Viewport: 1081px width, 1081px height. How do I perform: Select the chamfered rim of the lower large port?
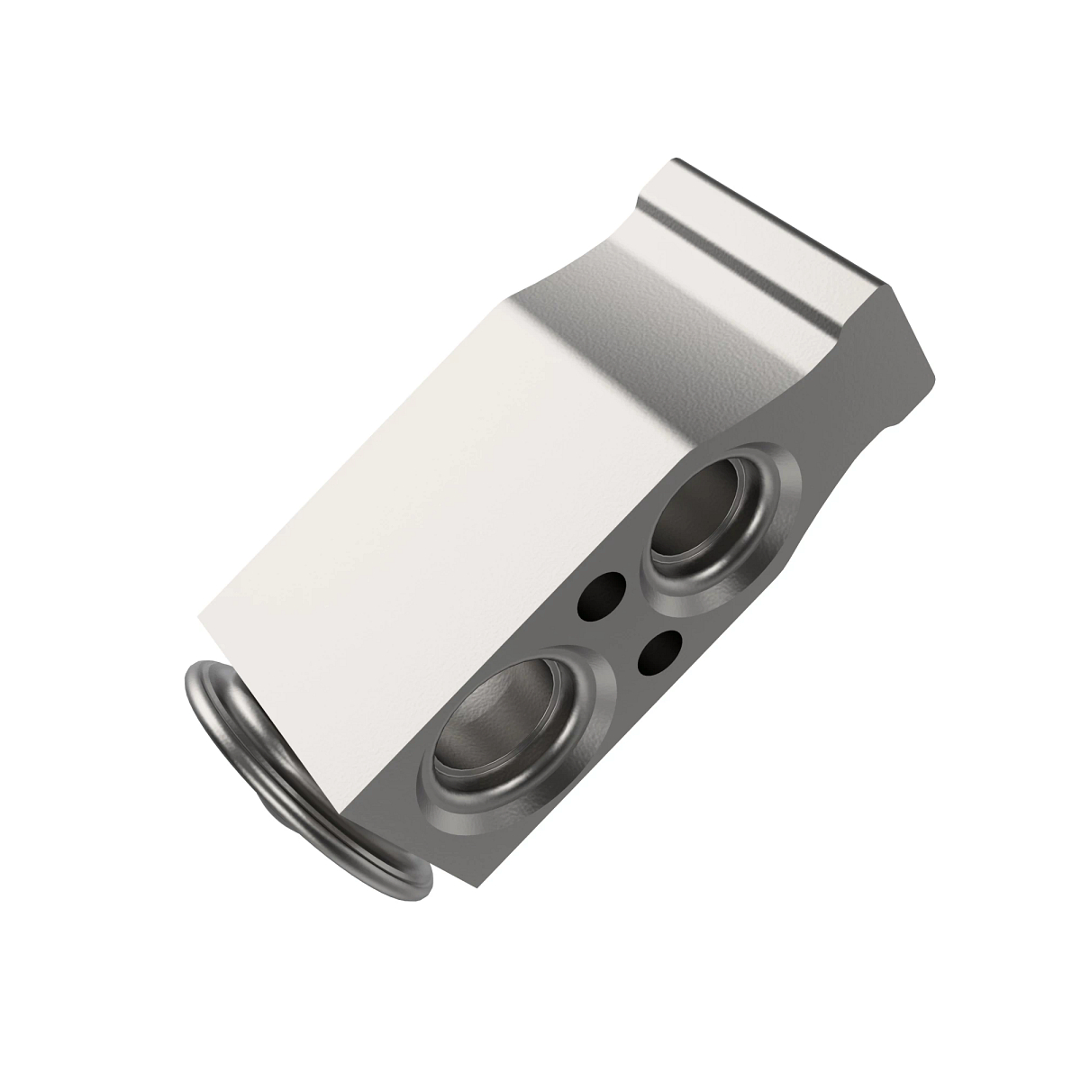point(586,712)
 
